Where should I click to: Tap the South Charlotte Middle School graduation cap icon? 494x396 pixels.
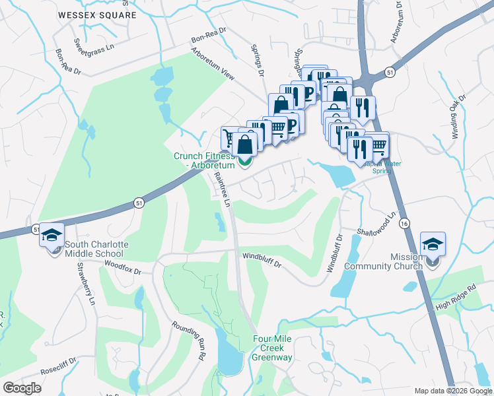pos(51,236)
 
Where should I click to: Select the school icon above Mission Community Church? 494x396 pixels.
pos(433,245)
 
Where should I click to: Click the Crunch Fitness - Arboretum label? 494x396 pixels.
pos(203,160)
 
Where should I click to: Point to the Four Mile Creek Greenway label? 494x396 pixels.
pos(272,348)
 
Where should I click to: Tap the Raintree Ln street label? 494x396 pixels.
pos(222,190)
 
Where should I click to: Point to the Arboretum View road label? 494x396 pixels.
pos(213,64)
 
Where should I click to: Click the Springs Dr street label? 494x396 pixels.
pos(258,59)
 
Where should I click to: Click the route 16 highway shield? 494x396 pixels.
pos(404,224)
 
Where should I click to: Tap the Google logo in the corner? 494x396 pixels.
pos(22,388)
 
